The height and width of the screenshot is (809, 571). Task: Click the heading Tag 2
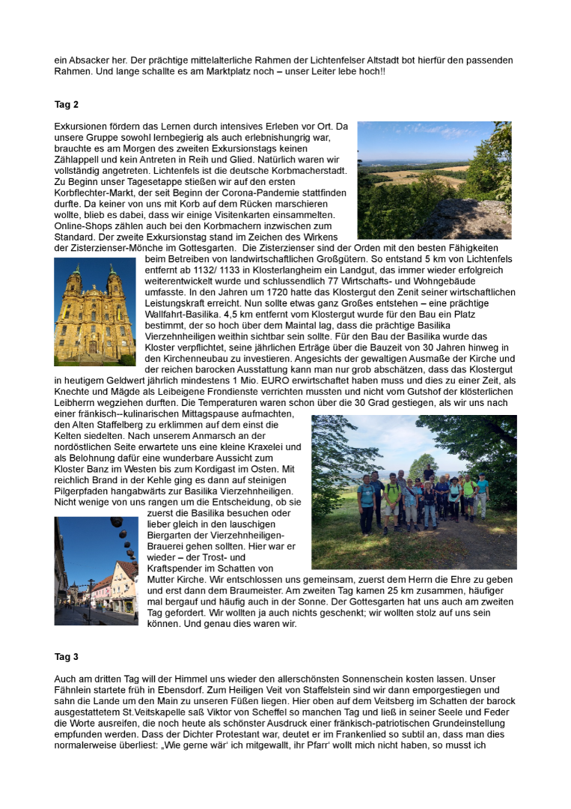coord(67,104)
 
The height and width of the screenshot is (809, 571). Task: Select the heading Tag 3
coord(67,657)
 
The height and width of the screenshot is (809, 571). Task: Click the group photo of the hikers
coord(414,492)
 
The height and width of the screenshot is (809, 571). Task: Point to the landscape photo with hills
coord(434,180)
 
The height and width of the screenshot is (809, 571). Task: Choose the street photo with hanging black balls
coord(96,571)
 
